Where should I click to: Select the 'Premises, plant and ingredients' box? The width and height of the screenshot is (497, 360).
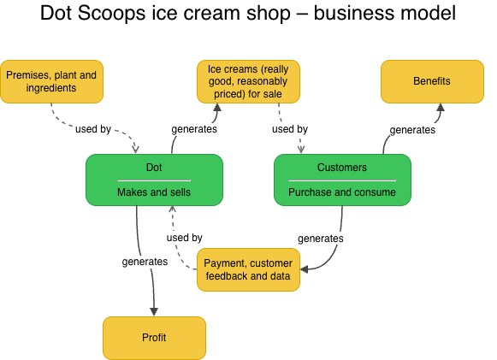pos(51,81)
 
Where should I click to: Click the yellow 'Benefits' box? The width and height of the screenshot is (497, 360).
pos(431,81)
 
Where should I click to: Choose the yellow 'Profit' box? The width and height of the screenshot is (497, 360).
pos(154,338)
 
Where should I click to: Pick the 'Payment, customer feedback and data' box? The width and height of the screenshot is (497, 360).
pos(248,269)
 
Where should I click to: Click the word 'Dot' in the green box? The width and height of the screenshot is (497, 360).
pos(154,168)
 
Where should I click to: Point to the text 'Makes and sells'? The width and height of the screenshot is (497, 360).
pos(154,192)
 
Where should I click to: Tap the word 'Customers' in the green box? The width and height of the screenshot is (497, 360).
pos(341,168)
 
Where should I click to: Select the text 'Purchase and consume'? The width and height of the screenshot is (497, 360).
pos(341,192)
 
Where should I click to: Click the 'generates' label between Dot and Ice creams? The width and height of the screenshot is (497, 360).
pos(193,130)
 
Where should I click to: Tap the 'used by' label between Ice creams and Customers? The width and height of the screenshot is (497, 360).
pos(289,130)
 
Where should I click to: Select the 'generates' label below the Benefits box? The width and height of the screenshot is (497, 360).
pos(412,130)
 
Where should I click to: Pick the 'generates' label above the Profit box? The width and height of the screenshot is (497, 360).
pos(145,261)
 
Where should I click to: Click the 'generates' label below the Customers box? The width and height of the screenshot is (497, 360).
pos(320,238)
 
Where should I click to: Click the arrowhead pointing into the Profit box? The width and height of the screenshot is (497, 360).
pos(154,311)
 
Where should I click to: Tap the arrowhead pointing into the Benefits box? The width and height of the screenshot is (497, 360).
pos(440,108)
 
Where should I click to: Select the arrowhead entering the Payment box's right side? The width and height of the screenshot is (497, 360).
pos(305,269)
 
